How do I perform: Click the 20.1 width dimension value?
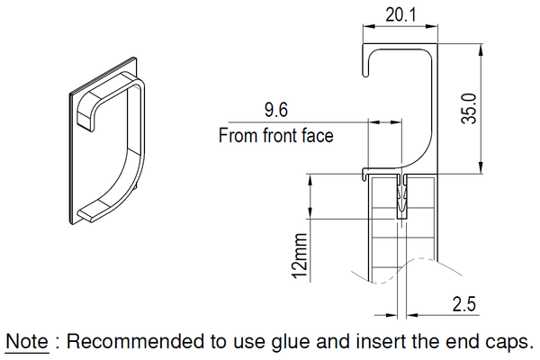pos(400,15)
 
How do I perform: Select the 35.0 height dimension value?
pos(469,109)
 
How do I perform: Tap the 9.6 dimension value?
pos(276,110)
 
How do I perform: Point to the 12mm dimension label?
pos(300,256)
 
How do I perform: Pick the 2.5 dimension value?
pos(463,304)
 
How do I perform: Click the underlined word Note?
pos(27,341)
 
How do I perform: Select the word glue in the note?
pos(291,342)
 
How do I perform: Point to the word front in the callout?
pos(280,135)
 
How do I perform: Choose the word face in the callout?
pos(318,135)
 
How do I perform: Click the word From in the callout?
pos(238,135)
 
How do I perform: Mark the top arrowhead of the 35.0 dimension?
pos(481,49)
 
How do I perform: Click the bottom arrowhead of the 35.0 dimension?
pos(481,167)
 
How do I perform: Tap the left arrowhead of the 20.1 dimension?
pos(369,26)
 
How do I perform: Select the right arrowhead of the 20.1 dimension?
pos(431,26)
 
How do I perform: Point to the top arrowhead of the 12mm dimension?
pos(310,180)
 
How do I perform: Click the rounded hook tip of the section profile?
pos(365,74)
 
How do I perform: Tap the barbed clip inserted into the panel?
pos(401,197)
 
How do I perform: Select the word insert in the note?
pos(380,341)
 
